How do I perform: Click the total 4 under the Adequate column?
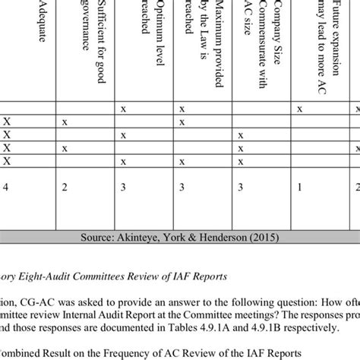click(x=7, y=188)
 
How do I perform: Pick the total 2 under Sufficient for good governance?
click(x=65, y=188)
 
